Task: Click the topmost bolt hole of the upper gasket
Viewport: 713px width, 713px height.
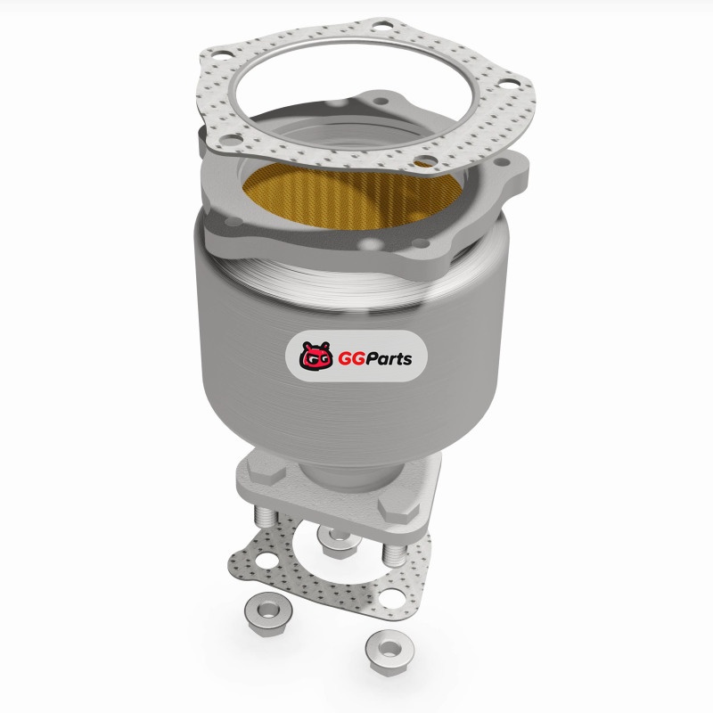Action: pos(381,27)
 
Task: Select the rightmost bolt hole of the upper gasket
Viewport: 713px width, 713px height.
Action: pos(508,84)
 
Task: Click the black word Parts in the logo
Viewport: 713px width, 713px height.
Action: pos(389,359)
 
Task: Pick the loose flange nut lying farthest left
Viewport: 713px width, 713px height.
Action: pos(268,613)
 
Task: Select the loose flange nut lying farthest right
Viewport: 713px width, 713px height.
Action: pos(389,652)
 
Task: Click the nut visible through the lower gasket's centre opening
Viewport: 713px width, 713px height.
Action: pos(339,540)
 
